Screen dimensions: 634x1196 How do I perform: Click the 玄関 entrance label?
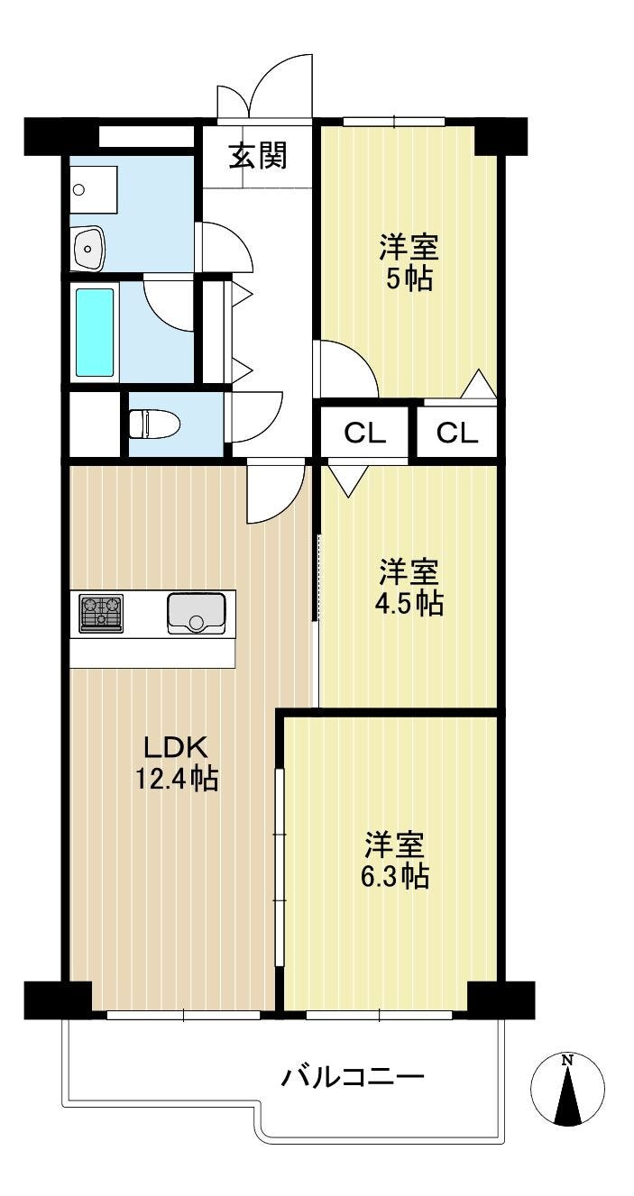(258, 155)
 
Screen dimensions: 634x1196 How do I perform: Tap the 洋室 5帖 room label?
(409, 262)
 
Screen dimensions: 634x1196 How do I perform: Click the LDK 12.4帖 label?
(176, 763)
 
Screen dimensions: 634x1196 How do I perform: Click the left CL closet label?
(365, 433)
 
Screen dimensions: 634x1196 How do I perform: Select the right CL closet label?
(456, 433)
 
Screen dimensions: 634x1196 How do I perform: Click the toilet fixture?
(155, 424)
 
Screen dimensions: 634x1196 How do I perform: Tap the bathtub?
(95, 333)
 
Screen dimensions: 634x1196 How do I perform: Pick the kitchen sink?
(196, 613)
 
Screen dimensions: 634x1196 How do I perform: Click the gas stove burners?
(101, 613)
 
